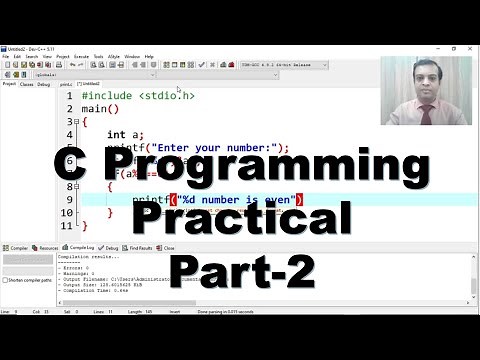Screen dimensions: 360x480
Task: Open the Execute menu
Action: [x=81, y=56]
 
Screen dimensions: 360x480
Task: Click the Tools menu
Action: [x=99, y=56]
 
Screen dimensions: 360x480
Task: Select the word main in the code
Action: [x=96, y=109]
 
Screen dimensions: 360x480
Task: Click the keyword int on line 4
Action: [x=115, y=134]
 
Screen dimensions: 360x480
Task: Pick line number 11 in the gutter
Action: [x=70, y=226]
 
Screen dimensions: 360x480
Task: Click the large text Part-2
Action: [x=242, y=269]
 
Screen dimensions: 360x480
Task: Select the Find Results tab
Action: [x=139, y=247]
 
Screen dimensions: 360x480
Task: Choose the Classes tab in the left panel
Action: [x=27, y=84]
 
